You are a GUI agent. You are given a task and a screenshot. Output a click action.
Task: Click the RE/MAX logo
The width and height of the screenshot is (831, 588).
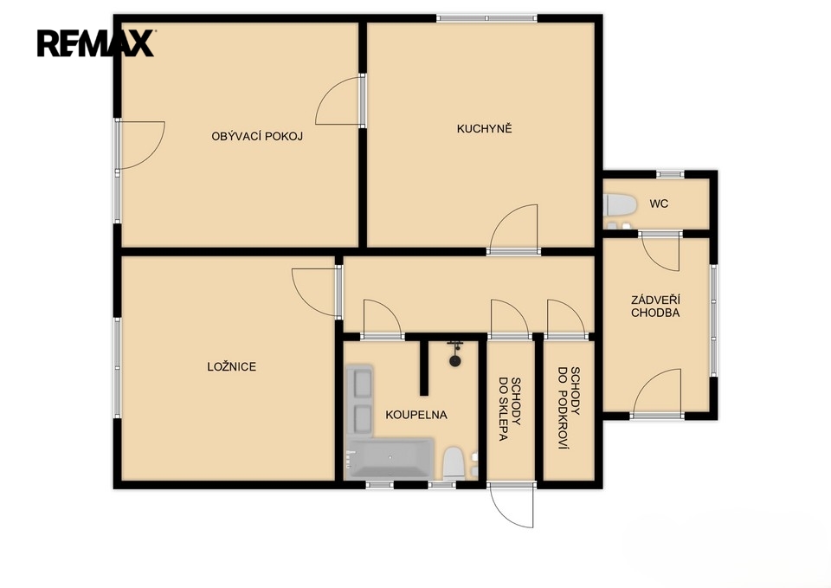click(x=95, y=43)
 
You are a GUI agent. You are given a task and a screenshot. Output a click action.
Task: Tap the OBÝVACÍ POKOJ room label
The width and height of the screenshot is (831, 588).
click(x=257, y=136)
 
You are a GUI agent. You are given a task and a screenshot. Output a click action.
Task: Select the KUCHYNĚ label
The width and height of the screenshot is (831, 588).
click(x=485, y=128)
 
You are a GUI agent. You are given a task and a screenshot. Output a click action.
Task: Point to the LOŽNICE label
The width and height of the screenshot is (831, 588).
click(x=232, y=366)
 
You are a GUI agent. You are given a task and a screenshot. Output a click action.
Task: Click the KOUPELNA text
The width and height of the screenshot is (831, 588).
click(x=416, y=415)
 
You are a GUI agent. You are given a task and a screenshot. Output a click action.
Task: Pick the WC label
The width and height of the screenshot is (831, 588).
click(x=659, y=203)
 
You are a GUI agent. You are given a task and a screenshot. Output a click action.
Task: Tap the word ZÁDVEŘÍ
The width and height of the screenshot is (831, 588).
click(x=655, y=300)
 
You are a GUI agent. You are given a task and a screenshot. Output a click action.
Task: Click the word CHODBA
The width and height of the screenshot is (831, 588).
click(x=655, y=313)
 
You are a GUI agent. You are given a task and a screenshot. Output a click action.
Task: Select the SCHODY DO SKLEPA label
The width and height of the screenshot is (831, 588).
click(x=509, y=409)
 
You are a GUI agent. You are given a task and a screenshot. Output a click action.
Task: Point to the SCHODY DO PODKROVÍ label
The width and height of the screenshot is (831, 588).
click(x=569, y=408)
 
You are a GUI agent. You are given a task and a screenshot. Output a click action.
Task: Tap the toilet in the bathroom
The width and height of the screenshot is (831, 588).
click(x=454, y=463)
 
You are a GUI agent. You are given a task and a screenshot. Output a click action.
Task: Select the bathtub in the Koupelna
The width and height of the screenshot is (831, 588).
click(x=390, y=457)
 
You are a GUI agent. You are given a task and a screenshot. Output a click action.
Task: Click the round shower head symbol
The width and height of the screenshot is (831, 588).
click(x=454, y=361)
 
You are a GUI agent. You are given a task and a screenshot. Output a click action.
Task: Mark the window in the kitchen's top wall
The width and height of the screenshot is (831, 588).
click(x=487, y=18)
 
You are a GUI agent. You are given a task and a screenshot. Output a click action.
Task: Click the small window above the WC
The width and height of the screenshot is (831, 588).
click(x=670, y=174)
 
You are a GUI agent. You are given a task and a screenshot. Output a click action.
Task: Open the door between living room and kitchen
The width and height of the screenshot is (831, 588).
click(x=340, y=100)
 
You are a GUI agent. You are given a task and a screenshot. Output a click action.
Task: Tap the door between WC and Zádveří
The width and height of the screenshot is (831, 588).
click(x=660, y=251)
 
